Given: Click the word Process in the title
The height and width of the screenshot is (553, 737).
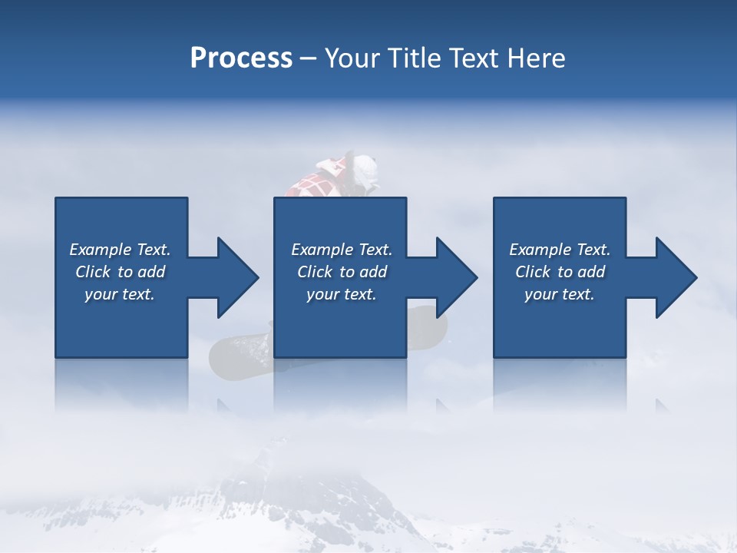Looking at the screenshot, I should coord(241,58).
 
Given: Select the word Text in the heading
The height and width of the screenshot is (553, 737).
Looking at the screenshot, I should coord(474,58).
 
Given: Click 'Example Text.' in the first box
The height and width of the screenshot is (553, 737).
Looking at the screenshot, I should coord(120,250).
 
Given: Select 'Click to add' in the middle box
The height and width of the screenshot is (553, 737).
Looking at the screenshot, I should coord(342,272).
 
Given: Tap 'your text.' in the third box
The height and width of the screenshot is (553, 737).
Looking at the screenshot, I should coord(560,294).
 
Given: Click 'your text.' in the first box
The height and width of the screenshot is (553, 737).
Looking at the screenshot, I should coord(120,294).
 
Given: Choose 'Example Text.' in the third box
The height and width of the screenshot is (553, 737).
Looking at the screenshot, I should coord(560,250).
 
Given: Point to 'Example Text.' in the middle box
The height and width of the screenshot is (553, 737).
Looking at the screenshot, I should coord(342,250).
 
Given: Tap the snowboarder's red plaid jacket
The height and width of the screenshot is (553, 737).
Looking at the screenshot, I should coord(315,185).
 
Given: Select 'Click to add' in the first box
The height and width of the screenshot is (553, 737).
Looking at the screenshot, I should coord(120,272).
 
